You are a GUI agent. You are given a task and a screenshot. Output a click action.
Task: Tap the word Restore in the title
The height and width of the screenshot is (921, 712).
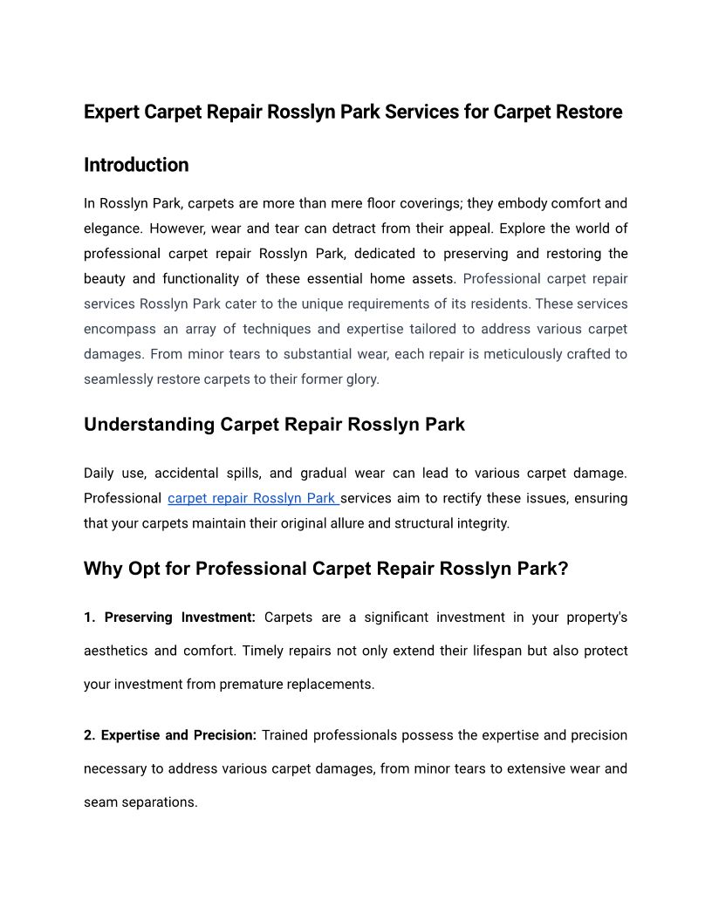tap(589, 113)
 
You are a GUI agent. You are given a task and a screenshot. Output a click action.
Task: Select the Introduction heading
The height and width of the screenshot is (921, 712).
tap(136, 165)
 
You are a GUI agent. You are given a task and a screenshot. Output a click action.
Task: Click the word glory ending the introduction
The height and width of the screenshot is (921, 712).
tap(360, 379)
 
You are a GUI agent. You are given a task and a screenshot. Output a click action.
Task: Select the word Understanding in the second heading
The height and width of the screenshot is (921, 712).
tap(149, 425)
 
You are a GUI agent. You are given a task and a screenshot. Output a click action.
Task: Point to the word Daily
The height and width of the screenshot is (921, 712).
tap(100, 474)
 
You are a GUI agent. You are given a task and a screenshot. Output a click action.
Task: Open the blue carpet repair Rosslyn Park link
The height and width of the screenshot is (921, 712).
tap(252, 499)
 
